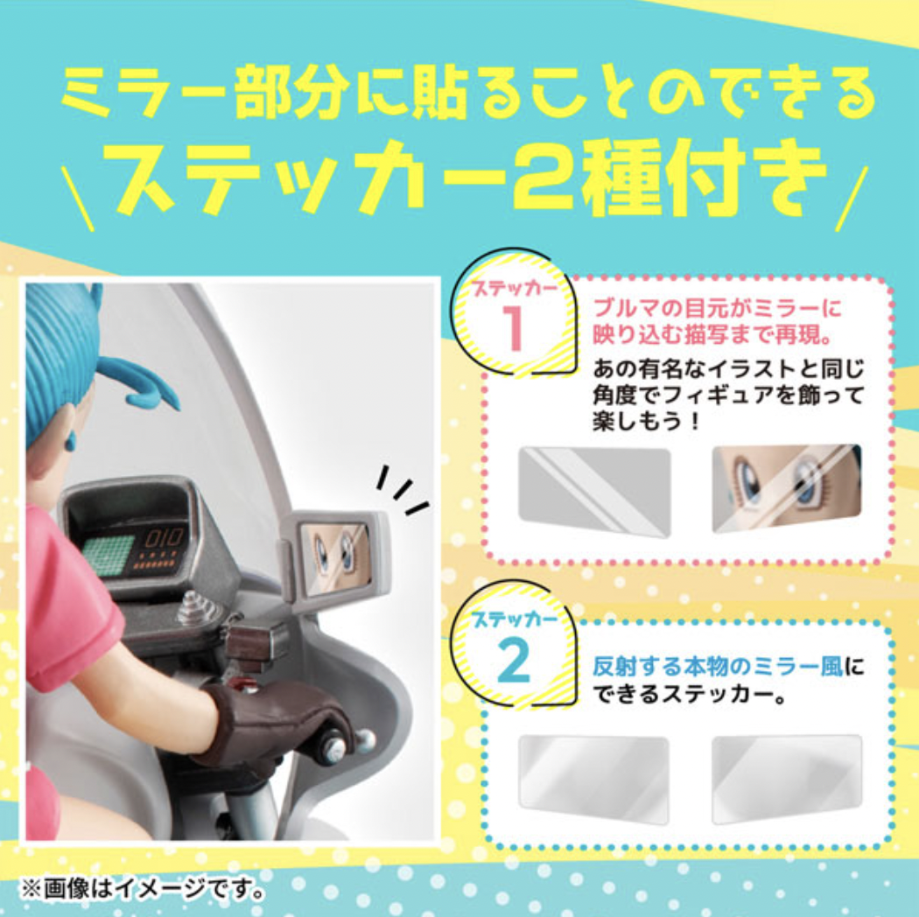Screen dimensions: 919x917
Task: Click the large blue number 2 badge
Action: point(514,661)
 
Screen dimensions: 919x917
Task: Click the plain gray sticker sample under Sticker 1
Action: point(594,491)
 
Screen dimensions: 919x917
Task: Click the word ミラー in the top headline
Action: point(144,93)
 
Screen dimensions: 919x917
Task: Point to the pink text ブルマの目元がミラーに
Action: point(717,309)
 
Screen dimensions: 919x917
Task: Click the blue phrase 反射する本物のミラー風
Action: point(718,667)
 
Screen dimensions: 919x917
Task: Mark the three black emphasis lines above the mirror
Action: point(402,489)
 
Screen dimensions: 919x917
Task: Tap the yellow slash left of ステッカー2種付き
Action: point(77,198)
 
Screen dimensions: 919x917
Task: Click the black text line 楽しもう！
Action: point(646,421)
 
